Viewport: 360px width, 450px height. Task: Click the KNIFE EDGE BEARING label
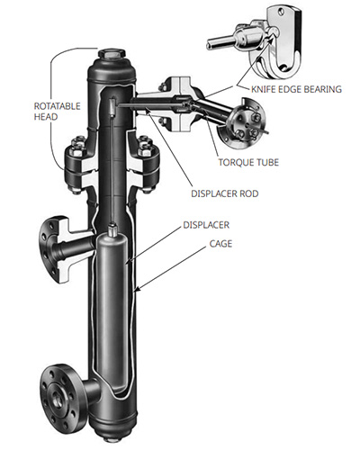pos(296,89)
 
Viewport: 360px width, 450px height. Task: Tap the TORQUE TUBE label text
pos(248,162)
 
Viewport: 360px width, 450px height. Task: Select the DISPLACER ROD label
pos(225,193)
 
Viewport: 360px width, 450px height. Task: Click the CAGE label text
pos(220,244)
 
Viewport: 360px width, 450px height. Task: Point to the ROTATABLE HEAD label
pos(57,112)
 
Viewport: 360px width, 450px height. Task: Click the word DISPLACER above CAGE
pos(206,225)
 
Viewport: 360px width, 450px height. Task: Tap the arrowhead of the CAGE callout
pos(138,290)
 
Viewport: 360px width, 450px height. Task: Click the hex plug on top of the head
pos(112,55)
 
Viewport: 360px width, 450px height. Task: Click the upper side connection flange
pos(52,249)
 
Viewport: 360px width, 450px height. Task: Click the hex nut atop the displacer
pos(112,229)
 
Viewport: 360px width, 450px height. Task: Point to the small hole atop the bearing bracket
pos(281,13)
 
